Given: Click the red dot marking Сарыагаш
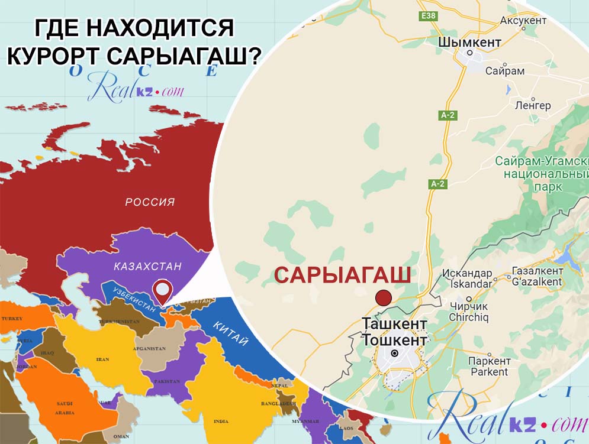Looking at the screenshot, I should tap(384, 298).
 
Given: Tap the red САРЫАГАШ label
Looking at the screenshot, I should tap(342, 275).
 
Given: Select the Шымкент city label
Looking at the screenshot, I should tap(471, 43).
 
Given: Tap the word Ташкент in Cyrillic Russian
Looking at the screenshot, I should tap(394, 324).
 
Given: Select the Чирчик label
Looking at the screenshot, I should tap(468, 306).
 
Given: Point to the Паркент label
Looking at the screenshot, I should tap(489, 361).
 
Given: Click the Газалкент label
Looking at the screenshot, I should tap(538, 271).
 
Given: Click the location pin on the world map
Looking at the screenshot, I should tap(162, 290).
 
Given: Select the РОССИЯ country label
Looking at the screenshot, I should tap(150, 202).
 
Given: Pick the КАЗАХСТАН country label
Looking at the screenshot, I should tap(148, 267).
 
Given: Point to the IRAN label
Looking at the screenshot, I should tap(103, 359).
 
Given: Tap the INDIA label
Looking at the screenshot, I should tap(221, 421).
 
